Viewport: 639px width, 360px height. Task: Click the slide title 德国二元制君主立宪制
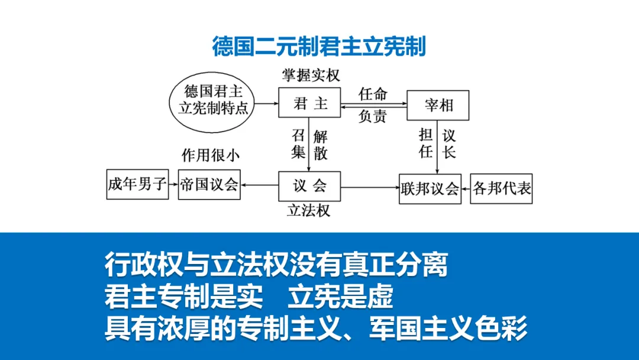[319, 46]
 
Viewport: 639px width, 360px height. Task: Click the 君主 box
[310, 104]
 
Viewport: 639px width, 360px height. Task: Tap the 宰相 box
[438, 105]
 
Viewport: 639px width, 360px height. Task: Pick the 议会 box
[309, 186]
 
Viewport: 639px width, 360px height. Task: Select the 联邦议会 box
[430, 188]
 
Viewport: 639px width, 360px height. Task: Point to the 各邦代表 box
[501, 188]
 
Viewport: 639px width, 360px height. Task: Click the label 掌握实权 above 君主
[309, 76]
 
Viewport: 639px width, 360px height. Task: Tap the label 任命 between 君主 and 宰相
[373, 94]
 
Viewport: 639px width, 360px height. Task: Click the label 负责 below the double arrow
[373, 116]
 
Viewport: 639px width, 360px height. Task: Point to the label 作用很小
[210, 156]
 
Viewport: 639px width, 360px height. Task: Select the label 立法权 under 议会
[308, 211]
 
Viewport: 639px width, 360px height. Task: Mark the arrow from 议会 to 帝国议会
[260, 185]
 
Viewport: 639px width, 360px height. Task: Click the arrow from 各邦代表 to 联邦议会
[466, 188]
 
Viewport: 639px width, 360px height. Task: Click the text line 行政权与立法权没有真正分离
[276, 265]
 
